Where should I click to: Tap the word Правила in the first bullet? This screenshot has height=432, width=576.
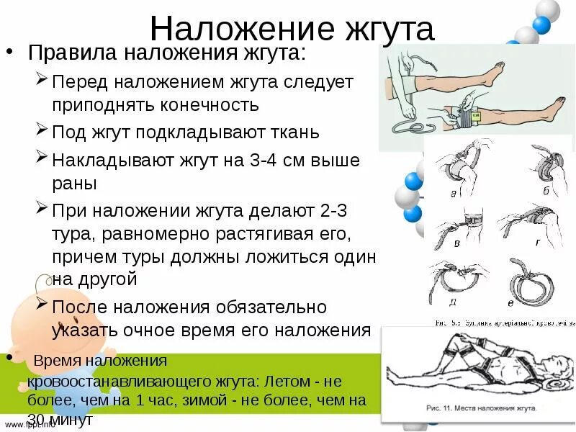tap(66, 53)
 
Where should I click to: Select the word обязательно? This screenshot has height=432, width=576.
tap(268, 307)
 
